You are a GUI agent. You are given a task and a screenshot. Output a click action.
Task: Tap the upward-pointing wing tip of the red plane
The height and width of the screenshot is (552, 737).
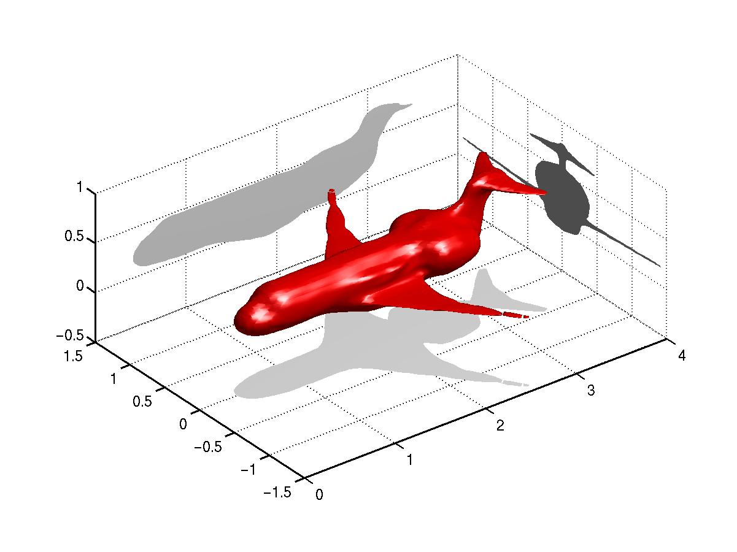pos(332,191)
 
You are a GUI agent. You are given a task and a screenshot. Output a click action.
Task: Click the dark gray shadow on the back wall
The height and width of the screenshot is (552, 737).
pos(561,199)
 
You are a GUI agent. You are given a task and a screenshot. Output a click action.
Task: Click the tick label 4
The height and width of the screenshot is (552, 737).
pos(682,356)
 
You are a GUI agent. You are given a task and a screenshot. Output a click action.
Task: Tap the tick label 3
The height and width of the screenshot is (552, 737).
pos(591,391)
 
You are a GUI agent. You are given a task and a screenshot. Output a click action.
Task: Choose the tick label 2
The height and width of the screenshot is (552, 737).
pos(500,426)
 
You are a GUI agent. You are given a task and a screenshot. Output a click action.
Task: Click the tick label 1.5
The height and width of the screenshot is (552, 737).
pos(73,356)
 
